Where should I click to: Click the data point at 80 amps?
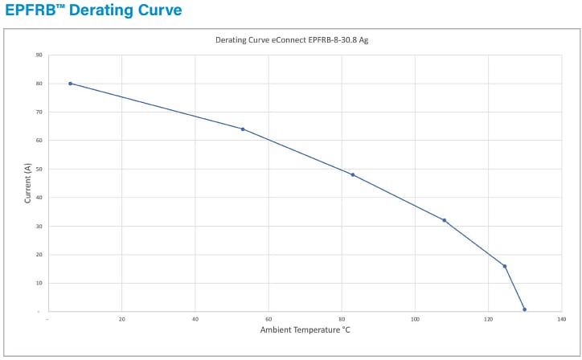(x=71, y=84)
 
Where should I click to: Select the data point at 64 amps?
(x=243, y=129)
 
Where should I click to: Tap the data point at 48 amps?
(x=352, y=174)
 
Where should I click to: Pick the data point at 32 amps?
(x=444, y=220)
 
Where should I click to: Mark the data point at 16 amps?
(x=505, y=266)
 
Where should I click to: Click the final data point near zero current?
(x=524, y=309)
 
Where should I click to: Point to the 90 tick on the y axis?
(x=39, y=55)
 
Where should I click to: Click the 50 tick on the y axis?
(x=39, y=169)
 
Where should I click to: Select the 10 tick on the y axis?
(x=39, y=283)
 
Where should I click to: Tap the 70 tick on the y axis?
(x=39, y=112)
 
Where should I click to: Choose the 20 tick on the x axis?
(x=122, y=319)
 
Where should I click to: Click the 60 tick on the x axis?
(x=268, y=319)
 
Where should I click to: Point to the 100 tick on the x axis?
(x=415, y=319)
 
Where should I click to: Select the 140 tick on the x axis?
(x=561, y=319)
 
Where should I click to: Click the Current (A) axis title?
(x=27, y=183)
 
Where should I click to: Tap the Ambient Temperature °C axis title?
(x=305, y=330)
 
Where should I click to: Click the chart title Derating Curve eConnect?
(x=291, y=39)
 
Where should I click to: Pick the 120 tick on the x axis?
(x=488, y=319)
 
